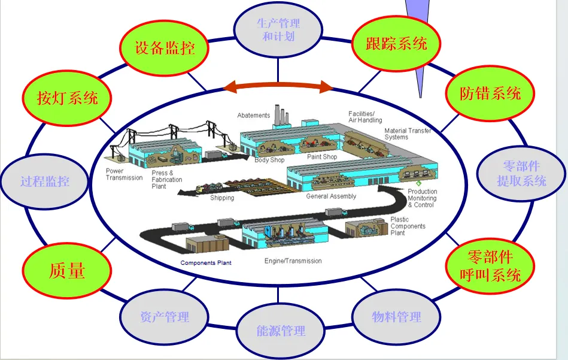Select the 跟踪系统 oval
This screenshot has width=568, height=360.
(x=396, y=43)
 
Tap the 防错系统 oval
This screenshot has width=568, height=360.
(x=490, y=93)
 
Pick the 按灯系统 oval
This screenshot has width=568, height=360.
(x=68, y=97)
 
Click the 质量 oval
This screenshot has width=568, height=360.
(x=67, y=270)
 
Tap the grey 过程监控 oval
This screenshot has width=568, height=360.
(x=45, y=181)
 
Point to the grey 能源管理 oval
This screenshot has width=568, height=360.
(x=281, y=330)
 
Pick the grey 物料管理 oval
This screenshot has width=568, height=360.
(x=396, y=316)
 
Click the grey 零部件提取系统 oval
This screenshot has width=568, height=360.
(x=521, y=173)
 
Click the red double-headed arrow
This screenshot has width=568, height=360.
(x=278, y=87)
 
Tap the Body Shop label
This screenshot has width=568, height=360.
(x=269, y=160)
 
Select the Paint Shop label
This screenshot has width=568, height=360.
(x=322, y=157)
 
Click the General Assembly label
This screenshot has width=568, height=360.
(x=331, y=196)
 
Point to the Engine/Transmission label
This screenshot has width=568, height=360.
(x=293, y=261)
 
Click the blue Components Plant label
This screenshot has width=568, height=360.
(x=206, y=263)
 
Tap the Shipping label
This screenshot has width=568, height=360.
(x=222, y=198)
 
